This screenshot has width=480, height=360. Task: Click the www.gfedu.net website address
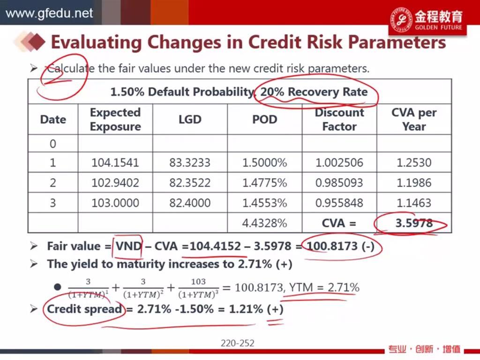coord(49,13)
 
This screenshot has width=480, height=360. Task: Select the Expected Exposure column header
coord(115,120)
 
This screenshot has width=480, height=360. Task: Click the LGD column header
coord(190,120)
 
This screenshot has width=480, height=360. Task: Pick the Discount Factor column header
coord(339,120)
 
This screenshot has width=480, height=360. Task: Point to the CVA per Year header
coord(414,120)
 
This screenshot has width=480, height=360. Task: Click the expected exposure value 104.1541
coord(115,163)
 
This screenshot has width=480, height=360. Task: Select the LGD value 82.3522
coord(190,183)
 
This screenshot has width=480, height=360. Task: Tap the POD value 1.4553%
coord(264,203)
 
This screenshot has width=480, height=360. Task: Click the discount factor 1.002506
coord(339,163)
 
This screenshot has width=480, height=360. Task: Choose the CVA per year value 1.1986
coord(414,183)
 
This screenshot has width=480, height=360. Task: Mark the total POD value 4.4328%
coord(264,223)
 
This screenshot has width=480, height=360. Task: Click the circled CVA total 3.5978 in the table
coord(414,223)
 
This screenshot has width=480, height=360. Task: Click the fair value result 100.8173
coord(332,246)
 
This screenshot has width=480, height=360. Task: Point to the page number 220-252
coord(238,343)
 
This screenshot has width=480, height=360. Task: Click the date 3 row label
coord(53,203)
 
